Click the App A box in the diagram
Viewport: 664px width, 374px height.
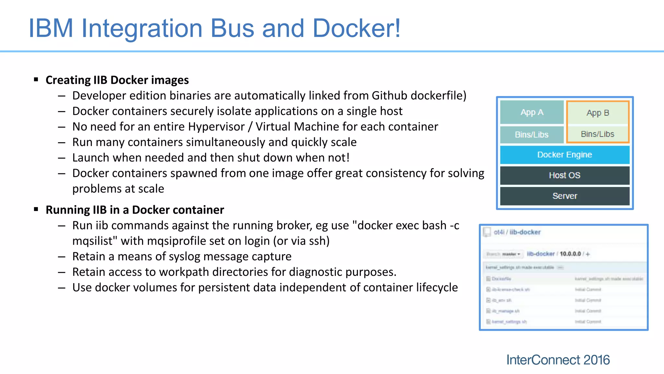click(x=532, y=112)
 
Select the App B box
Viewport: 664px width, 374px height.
click(x=598, y=113)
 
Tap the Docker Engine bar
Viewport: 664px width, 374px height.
click(x=564, y=155)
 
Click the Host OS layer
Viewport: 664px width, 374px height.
click(x=564, y=175)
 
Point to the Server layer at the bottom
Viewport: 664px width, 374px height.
click(x=564, y=196)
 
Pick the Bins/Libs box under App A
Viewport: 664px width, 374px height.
click(x=532, y=135)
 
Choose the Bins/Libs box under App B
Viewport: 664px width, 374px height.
click(x=598, y=134)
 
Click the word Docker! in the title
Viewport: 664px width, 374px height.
click(x=357, y=28)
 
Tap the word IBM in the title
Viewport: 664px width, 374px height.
click(x=51, y=28)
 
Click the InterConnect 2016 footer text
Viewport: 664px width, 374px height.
click(x=558, y=360)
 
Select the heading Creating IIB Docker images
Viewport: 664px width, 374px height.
click(x=117, y=80)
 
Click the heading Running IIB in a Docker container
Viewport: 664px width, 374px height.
click(x=135, y=210)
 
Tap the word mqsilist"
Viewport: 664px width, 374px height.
click(x=95, y=241)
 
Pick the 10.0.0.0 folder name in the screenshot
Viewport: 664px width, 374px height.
click(x=570, y=254)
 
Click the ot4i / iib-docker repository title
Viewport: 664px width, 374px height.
click(x=517, y=232)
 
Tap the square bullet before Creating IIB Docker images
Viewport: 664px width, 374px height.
click(x=36, y=80)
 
